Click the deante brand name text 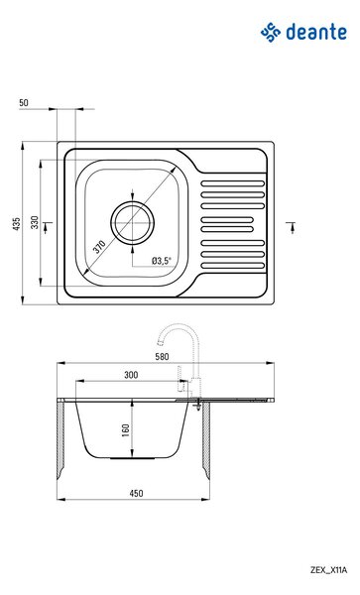pyautogui.click(x=316, y=32)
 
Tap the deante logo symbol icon pyautogui.click(x=271, y=32)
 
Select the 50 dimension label pyautogui.click(x=24, y=102)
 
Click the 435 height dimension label pyautogui.click(x=16, y=224)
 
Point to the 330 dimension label pyautogui.click(x=35, y=222)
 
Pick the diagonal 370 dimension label pyautogui.click(x=99, y=246)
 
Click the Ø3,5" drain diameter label pyautogui.click(x=162, y=260)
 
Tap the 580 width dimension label pyautogui.click(x=162, y=357)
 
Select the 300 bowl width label pyautogui.click(x=131, y=375)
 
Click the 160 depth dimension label pyautogui.click(x=126, y=430)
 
